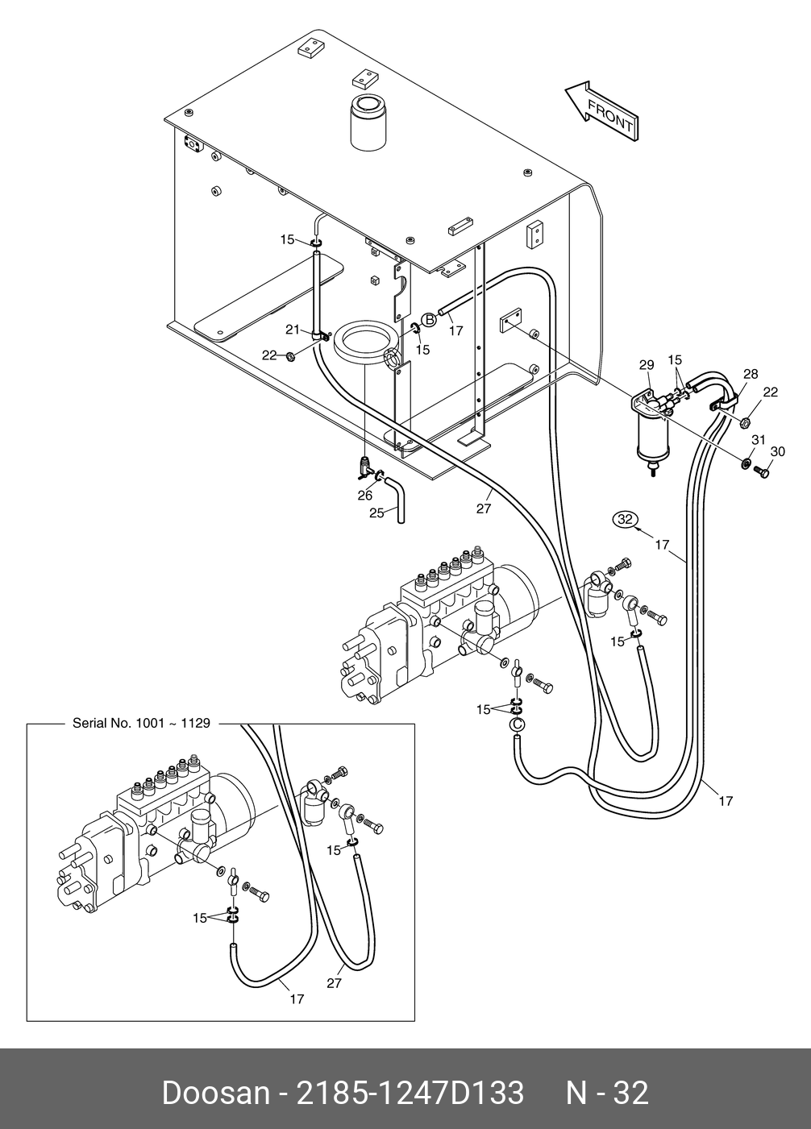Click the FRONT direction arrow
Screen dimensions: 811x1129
tap(601, 111)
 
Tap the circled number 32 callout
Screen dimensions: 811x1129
tap(626, 519)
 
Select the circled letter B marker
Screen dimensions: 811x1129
tap(429, 320)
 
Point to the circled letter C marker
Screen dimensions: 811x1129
tap(516, 724)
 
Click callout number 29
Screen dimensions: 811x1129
tap(647, 365)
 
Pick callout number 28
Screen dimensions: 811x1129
tap(751, 374)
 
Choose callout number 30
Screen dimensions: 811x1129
tap(778, 451)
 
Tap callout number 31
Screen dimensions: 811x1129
tap(759, 440)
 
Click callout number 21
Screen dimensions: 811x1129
tap(293, 330)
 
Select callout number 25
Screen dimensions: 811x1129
tap(376, 513)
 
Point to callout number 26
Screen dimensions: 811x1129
tap(364, 496)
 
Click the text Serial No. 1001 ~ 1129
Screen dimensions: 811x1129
tap(141, 724)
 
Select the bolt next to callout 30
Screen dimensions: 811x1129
tap(762, 472)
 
